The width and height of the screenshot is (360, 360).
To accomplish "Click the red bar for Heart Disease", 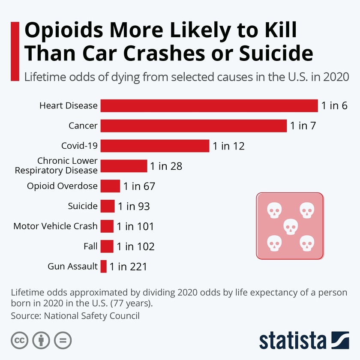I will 209,105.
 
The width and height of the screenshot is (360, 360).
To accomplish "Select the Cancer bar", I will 194,126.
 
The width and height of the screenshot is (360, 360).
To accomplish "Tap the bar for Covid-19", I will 155,146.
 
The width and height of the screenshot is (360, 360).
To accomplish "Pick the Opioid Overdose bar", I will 110,186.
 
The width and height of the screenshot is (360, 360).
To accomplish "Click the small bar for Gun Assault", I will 103,267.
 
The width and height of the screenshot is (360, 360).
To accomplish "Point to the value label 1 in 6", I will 334,105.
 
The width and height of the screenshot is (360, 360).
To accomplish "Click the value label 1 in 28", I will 166,166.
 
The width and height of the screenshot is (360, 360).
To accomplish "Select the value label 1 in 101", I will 135,226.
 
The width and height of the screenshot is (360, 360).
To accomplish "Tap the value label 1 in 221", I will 128,267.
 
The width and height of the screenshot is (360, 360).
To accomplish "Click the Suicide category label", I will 83,206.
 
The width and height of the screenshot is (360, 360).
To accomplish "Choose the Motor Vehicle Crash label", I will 56,226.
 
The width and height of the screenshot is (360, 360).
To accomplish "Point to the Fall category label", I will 91,246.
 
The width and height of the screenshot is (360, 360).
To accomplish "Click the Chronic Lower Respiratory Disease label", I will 56,166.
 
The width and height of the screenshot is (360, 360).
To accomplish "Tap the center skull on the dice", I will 290,226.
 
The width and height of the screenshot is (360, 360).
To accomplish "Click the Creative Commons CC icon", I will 19,341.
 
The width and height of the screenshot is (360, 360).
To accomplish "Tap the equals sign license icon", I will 63,341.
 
